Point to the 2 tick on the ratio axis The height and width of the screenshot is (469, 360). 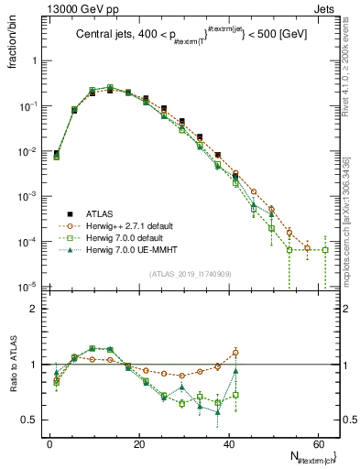(36, 310)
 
